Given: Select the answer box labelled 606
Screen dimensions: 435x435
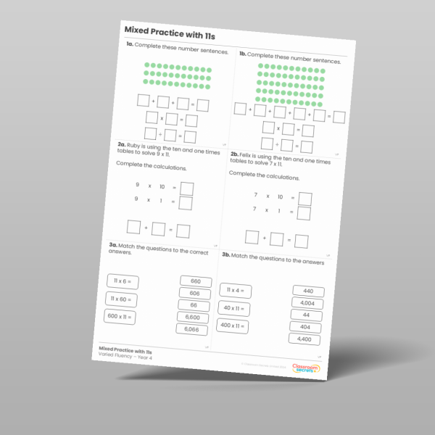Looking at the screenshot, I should (194, 294).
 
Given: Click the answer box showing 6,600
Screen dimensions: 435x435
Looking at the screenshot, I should (192, 318).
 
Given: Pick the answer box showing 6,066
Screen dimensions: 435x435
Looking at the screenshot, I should (191, 330).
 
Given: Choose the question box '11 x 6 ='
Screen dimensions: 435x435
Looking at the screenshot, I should (123, 281).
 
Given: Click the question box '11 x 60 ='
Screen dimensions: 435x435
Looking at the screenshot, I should (121, 298).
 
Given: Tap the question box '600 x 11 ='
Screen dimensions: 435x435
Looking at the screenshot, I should (120, 316).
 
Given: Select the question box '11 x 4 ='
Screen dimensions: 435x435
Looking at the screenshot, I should (235, 290).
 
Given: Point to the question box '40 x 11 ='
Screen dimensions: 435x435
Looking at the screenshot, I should (233, 307).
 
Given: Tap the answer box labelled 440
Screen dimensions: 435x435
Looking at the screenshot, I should (308, 291).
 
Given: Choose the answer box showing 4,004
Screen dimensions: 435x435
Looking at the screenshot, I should (307, 303).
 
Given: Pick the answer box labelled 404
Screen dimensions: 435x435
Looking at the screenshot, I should (305, 327).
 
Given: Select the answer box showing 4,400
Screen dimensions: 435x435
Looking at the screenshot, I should (304, 339).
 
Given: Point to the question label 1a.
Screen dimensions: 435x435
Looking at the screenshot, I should (130, 45).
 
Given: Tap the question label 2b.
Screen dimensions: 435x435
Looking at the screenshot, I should (234, 154).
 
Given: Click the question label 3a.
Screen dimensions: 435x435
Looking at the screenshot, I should (114, 246).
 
